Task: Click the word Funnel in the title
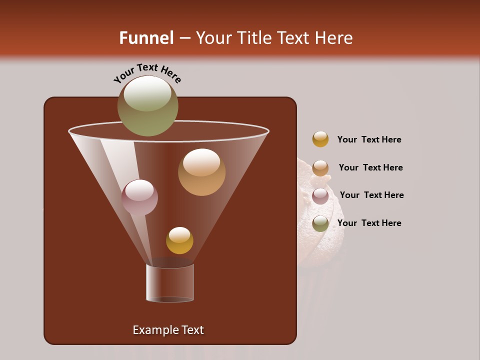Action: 146,38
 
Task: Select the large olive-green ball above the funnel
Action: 147,105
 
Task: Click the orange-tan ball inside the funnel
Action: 201,172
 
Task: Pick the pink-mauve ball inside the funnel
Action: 139,197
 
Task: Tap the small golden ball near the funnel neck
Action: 179,240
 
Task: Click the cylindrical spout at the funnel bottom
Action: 170,282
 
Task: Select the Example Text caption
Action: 168,330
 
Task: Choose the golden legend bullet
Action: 320,139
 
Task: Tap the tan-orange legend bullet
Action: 320,168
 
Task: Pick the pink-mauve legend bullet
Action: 320,196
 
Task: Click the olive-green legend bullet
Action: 320,223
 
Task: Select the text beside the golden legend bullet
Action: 369,140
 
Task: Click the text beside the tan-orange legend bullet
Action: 370,168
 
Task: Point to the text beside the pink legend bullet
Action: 371,195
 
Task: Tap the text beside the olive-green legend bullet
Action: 369,223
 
